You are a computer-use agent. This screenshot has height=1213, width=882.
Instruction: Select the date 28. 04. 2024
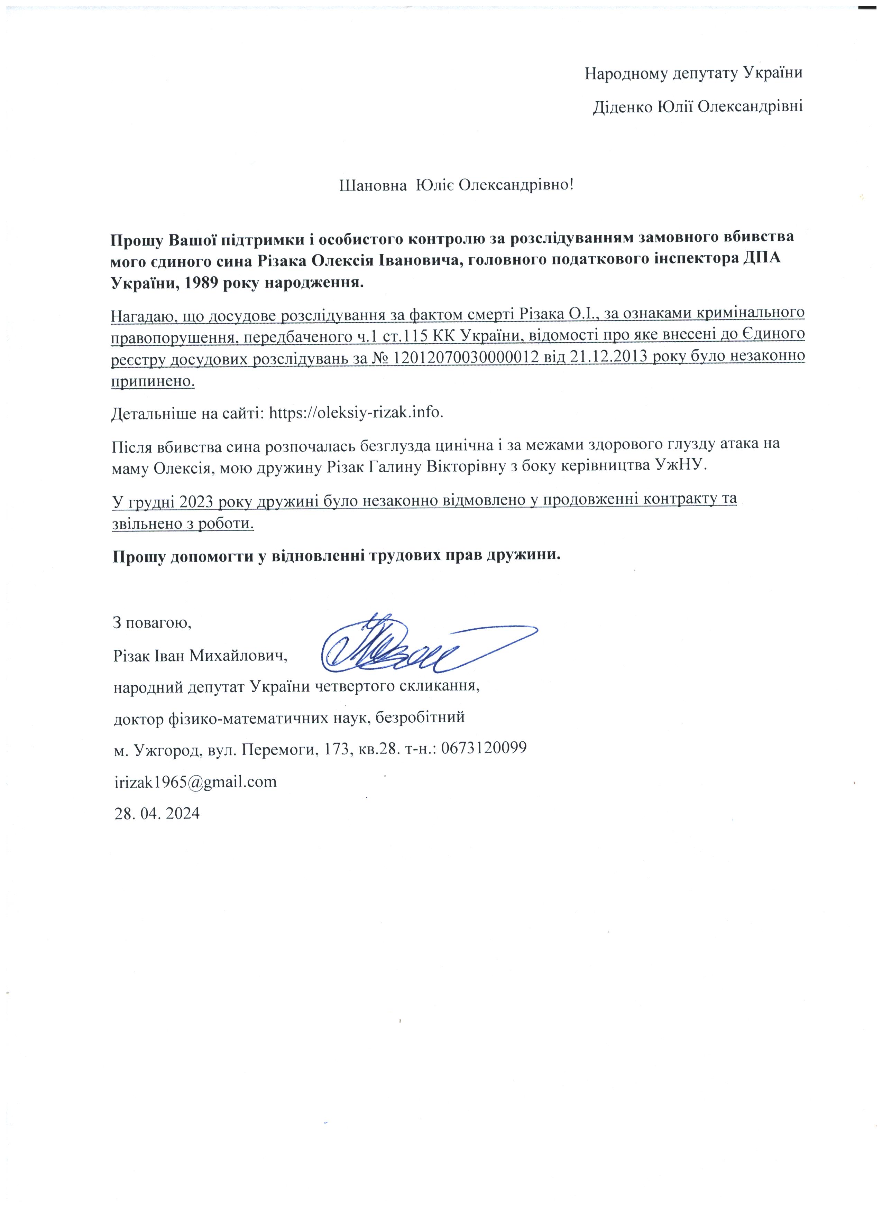(x=157, y=814)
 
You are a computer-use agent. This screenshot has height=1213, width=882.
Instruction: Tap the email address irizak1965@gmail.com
(x=195, y=781)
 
